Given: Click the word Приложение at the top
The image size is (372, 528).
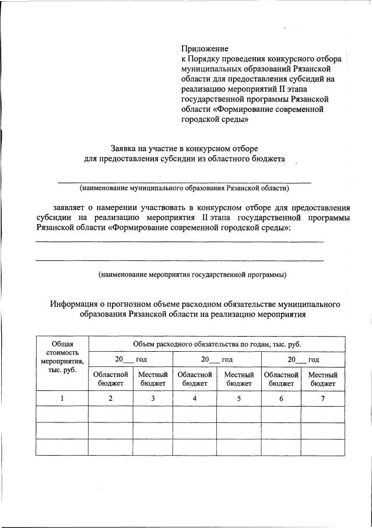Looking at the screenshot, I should coord(205,48).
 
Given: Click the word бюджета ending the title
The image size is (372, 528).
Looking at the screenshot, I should coord(266,158).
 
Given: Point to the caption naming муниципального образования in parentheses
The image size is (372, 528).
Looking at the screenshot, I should coord(184,188).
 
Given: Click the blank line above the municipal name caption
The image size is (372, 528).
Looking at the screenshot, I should coord(184,182).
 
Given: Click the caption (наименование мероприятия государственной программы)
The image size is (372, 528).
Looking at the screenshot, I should coord(192,274).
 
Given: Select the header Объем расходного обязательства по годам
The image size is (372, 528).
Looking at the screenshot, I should coord(216,344).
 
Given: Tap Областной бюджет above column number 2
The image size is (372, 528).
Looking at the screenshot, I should coord(111,379).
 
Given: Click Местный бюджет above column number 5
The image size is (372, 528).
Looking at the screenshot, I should coord(239,379).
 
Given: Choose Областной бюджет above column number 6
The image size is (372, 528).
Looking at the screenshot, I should coord(281,379).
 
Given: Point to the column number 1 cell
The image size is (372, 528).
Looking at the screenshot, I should coord(62,398).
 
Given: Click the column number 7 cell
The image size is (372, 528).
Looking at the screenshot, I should coord(322,398).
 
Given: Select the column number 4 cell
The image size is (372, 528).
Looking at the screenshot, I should coord(195,398).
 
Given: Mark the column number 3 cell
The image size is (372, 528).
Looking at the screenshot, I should coord(153,398).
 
